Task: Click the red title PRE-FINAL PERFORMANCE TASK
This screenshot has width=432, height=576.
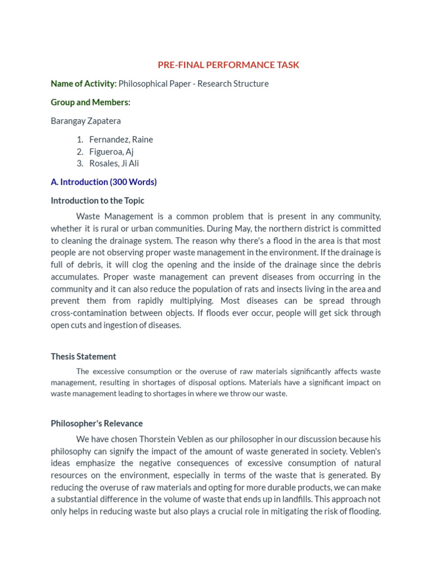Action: tap(228, 65)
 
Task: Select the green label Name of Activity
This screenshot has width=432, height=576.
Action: tap(83, 84)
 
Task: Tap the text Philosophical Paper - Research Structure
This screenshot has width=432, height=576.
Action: tap(193, 84)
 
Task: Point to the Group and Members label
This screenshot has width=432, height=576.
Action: tap(90, 102)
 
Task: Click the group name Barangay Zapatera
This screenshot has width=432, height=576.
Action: tap(85, 121)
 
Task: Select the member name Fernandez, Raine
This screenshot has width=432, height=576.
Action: tap(121, 139)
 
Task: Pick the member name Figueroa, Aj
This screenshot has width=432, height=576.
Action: tap(111, 151)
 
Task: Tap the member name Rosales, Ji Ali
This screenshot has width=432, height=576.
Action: tap(114, 164)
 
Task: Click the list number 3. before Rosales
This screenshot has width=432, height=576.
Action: tap(80, 164)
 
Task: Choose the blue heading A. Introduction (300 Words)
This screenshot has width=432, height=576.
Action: tap(103, 182)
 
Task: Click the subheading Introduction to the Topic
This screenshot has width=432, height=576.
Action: tap(97, 201)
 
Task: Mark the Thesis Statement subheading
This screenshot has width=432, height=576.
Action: tap(83, 357)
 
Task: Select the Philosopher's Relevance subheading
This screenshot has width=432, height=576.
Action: tap(97, 424)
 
